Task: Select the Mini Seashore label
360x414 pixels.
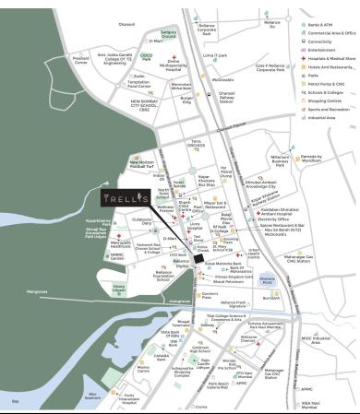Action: [90, 396]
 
